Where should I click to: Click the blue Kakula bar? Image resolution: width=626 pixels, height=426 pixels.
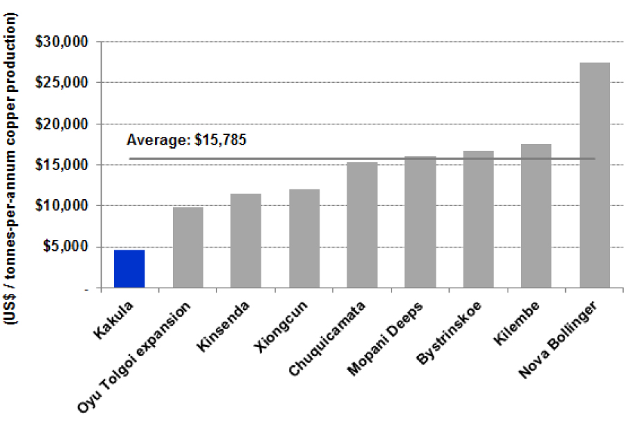129,269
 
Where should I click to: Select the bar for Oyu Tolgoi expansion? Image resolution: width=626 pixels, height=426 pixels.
187,247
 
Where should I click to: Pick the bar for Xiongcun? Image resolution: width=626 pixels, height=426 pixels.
304,239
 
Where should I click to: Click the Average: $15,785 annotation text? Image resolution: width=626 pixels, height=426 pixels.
186,140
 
